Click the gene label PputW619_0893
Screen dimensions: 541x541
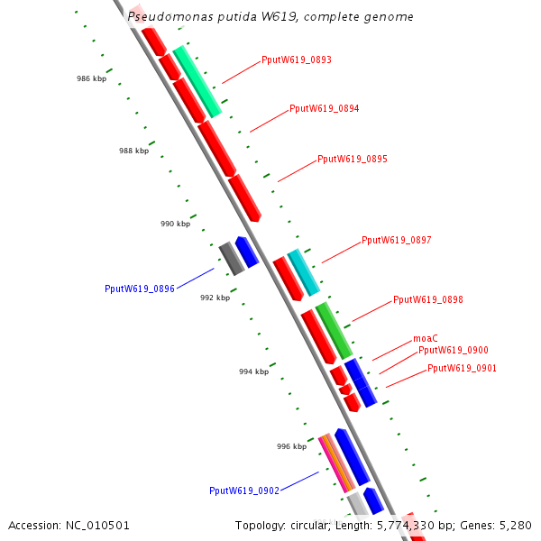coord(296,60)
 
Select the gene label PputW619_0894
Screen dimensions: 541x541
coord(324,109)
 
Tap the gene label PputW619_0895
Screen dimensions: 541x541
coord(352,160)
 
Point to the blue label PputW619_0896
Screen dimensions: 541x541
coord(140,289)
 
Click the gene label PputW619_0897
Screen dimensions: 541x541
coord(396,241)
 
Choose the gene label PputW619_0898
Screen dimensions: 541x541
coord(427,300)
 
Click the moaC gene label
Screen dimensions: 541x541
coord(425,338)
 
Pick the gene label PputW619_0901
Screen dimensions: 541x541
coord(462,369)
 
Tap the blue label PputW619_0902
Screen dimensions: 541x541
coord(243,491)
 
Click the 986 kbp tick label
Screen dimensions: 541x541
coord(91,79)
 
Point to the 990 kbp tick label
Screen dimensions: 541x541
coord(175,224)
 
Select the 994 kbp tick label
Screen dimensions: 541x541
coord(253,371)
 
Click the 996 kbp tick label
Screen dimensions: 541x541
coord(291,446)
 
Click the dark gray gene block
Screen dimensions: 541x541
coord(232,259)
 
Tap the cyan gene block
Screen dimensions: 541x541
coord(303,272)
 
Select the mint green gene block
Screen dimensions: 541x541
coord(197,81)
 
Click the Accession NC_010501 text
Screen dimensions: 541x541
coord(69,525)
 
